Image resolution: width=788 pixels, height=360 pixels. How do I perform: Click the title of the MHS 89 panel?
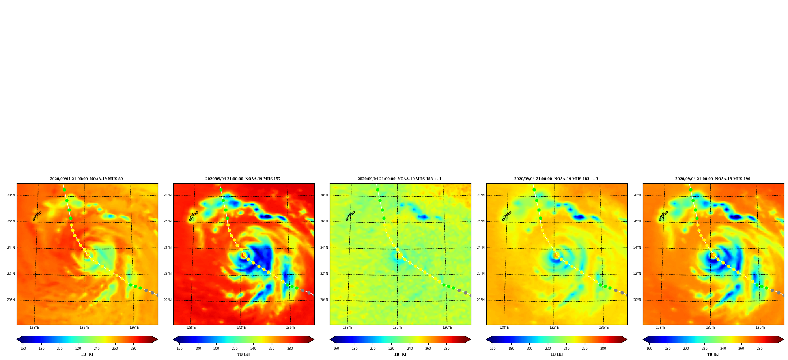[x=86, y=179]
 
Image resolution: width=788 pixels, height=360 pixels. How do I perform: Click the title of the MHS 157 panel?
[x=243, y=179]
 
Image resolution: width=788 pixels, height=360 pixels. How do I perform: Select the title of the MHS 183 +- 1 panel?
[x=400, y=179]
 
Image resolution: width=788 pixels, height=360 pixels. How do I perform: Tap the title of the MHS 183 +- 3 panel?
[x=556, y=179]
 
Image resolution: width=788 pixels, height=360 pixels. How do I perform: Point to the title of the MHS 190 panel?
[x=713, y=179]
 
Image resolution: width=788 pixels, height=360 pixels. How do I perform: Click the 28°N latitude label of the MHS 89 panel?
[x=11, y=195]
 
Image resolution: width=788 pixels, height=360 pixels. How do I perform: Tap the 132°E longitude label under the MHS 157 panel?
[x=241, y=328]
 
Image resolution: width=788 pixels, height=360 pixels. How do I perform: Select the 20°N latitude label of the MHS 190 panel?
[x=637, y=300]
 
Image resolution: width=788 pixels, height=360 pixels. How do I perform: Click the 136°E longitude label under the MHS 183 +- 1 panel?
[x=447, y=328]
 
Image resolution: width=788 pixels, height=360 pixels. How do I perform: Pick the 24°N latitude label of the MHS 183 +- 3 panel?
[x=481, y=248]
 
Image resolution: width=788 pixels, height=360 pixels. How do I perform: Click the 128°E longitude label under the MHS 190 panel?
[x=661, y=328]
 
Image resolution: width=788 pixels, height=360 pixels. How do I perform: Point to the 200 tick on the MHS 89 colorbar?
[x=60, y=349]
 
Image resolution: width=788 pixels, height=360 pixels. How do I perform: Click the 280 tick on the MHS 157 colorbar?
[x=290, y=349]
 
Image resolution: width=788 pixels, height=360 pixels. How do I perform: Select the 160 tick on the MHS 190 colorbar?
[x=649, y=349]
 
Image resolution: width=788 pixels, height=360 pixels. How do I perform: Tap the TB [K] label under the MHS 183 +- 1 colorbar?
[x=400, y=354]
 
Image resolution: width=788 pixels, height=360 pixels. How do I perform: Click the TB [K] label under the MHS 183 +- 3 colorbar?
[x=556, y=354]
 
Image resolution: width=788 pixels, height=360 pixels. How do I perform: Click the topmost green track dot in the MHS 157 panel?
[x=221, y=190]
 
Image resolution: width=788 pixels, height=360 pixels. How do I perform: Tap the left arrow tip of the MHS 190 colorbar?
[x=643, y=339]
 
